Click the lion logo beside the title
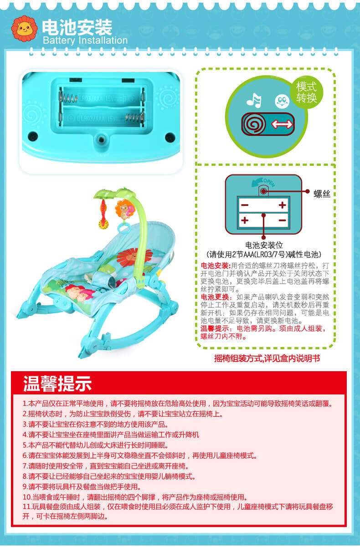[25, 28]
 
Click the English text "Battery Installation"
[85, 41]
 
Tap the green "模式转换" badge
[307, 92]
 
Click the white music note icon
[254, 100]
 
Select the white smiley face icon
[282, 102]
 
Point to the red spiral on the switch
[254, 124]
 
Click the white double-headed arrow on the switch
[282, 124]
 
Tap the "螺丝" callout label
[322, 194]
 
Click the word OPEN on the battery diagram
[269, 182]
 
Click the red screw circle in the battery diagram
[263, 191]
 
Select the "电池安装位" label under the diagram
[264, 245]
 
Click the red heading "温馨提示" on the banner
[57, 383]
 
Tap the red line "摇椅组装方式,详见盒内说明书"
[267, 358]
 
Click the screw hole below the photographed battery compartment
[101, 140]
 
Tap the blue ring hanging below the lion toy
[124, 228]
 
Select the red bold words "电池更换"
[215, 297]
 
